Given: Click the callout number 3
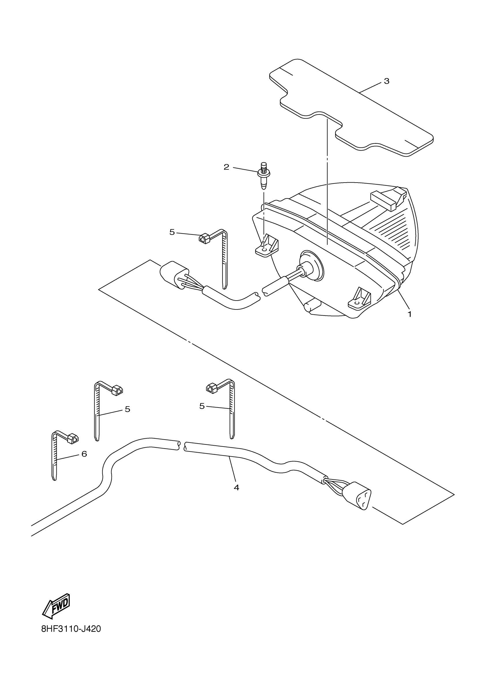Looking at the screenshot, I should [387, 81].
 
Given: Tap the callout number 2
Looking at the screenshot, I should [226, 167].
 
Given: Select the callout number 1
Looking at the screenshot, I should [410, 314].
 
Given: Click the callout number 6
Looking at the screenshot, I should [84, 454].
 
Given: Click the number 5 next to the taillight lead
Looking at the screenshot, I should [172, 232].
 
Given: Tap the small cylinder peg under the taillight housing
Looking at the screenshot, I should [312, 306].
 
